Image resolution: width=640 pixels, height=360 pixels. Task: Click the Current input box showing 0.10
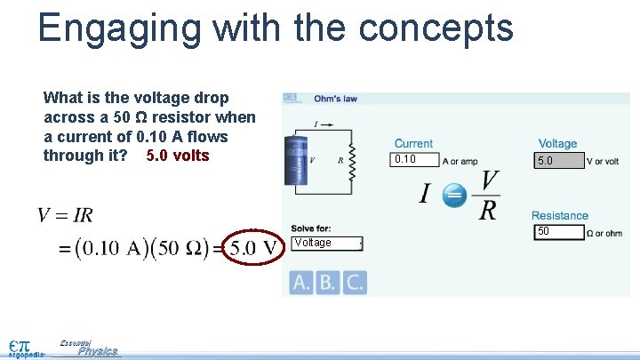click(416, 160)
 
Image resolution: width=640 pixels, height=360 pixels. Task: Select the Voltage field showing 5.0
click(559, 161)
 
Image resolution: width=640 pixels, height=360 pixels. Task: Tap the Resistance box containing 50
click(559, 232)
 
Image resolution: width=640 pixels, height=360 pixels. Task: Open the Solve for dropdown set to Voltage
click(327, 244)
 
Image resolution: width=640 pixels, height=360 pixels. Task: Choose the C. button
click(356, 282)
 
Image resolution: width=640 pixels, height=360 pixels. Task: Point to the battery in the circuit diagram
click(293, 161)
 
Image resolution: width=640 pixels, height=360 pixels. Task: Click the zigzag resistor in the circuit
click(351, 161)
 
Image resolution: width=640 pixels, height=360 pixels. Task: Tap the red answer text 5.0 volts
click(178, 156)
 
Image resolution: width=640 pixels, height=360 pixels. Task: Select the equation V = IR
click(65, 215)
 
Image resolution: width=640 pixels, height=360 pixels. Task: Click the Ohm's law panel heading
click(336, 99)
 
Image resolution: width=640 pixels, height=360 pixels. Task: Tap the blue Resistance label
click(560, 215)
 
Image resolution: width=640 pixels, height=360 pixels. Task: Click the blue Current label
click(413, 143)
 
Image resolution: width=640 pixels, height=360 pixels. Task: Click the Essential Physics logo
click(89, 348)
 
